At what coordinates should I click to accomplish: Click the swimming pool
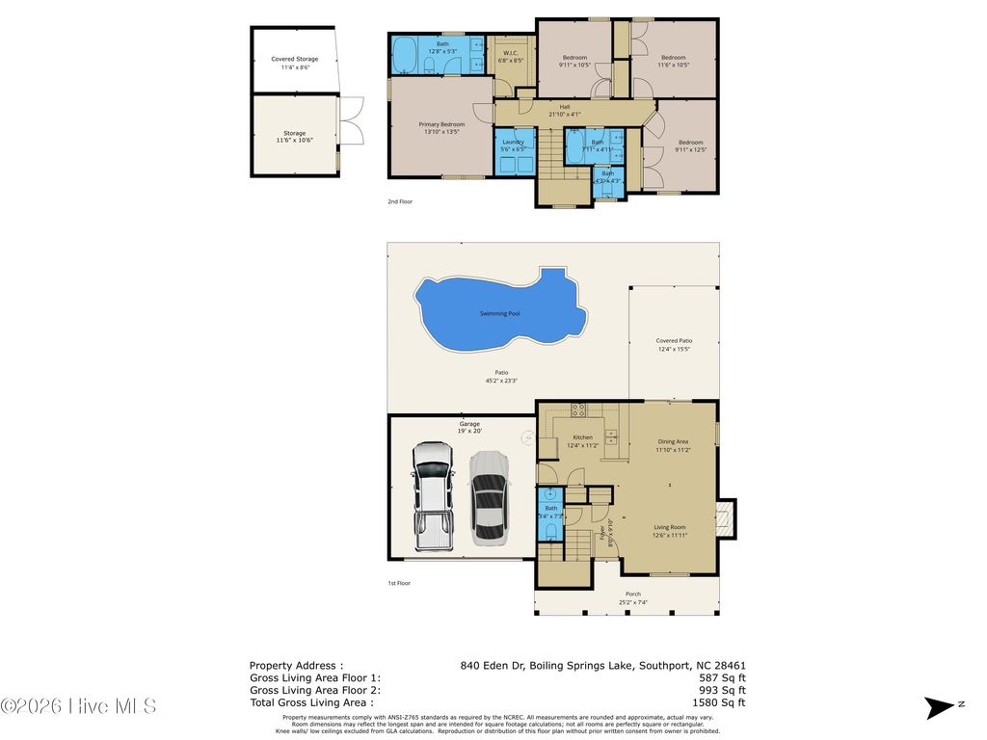click(x=499, y=313)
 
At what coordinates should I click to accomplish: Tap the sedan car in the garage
click(x=489, y=495)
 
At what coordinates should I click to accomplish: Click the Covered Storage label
click(x=294, y=63)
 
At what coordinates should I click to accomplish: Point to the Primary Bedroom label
click(x=441, y=128)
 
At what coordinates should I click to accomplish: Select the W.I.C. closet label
click(x=510, y=56)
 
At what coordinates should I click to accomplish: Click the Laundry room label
click(x=513, y=145)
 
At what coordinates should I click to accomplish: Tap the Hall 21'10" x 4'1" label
click(x=565, y=111)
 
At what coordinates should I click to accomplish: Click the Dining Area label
click(x=673, y=445)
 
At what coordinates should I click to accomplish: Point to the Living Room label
click(x=669, y=531)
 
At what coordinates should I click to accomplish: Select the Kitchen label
click(x=582, y=441)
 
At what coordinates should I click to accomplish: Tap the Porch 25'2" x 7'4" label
click(x=633, y=598)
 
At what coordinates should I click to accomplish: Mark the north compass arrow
click(x=938, y=707)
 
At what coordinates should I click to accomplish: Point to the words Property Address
click(x=296, y=665)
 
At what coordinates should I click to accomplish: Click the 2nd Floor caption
click(x=400, y=202)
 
